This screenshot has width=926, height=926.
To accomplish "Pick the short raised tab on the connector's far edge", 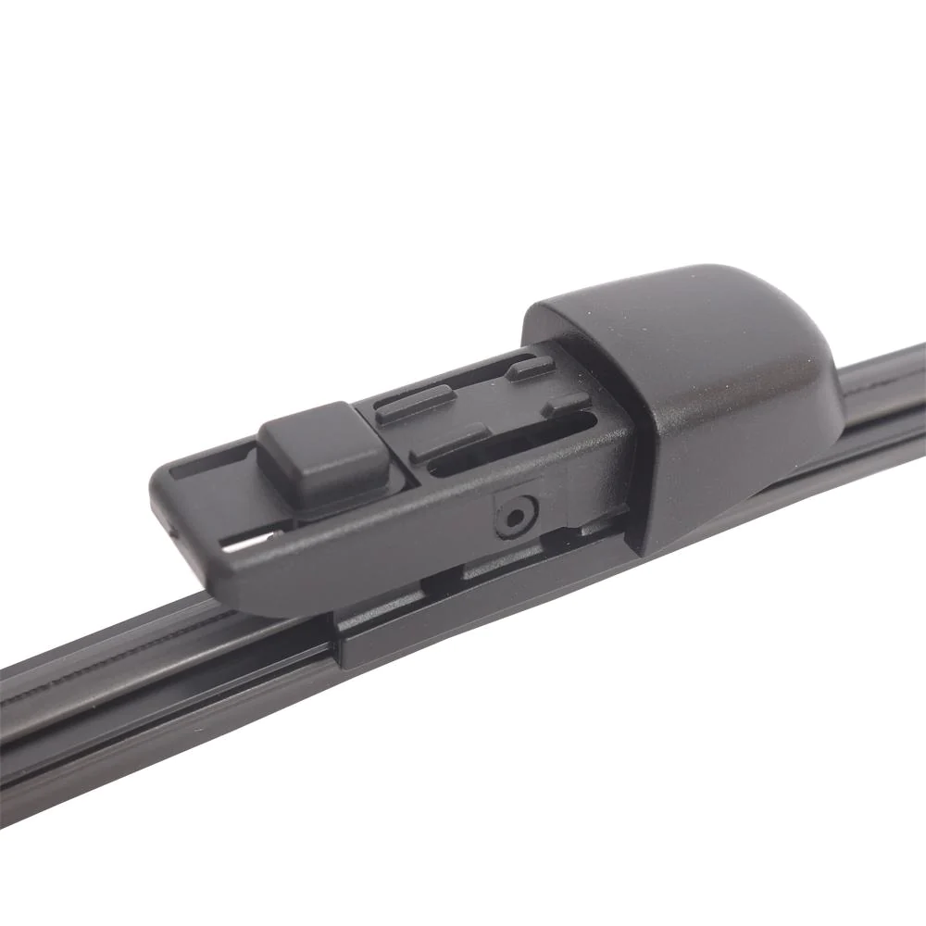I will tap(531, 368).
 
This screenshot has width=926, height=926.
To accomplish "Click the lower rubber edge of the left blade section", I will tap(139, 769).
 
